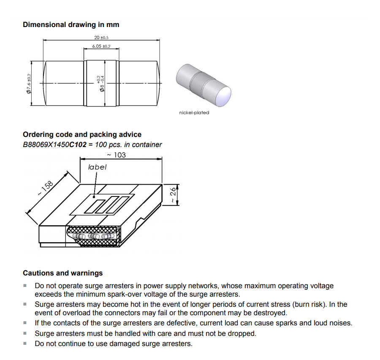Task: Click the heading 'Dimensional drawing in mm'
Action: (x=71, y=25)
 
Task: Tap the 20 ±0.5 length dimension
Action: (x=101, y=38)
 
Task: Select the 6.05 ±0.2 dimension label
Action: (x=101, y=46)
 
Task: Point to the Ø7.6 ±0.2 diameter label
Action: (x=29, y=83)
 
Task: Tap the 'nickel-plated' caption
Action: (x=194, y=112)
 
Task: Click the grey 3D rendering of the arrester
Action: (x=203, y=84)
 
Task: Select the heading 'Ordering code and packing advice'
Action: (x=82, y=134)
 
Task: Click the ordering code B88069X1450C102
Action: (x=54, y=145)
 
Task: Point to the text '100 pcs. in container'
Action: (x=129, y=145)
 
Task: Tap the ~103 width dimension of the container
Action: (x=117, y=155)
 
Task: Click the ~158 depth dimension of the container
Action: (x=45, y=188)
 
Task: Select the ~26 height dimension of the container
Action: (x=172, y=194)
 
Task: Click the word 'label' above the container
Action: (x=97, y=167)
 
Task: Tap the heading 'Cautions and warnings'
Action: (x=62, y=273)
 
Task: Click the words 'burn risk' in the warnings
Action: (x=308, y=304)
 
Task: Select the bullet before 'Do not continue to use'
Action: (x=25, y=343)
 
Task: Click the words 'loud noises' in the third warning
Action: (x=332, y=323)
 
